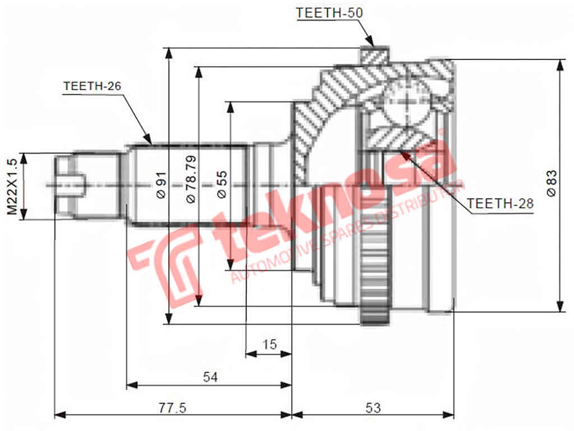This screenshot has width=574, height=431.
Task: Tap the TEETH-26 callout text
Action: point(92,86)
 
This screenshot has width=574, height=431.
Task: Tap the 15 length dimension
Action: point(270,344)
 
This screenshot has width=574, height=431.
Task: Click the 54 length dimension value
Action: point(210,377)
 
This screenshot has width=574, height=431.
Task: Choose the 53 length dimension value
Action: point(373,407)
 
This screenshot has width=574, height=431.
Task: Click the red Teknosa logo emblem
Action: point(163,264)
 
